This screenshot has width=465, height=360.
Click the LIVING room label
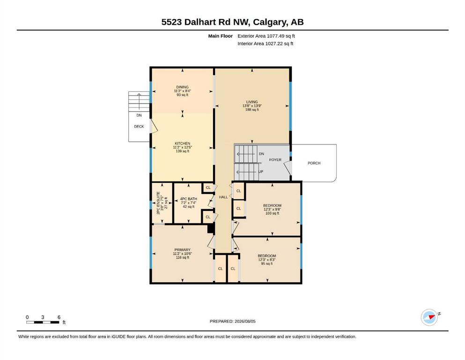click(x=252, y=102)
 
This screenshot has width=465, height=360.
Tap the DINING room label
click(x=182, y=87)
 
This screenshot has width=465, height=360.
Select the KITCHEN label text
click(x=182, y=143)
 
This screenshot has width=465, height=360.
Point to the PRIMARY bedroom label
click(x=182, y=250)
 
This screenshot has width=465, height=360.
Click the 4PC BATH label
click(x=189, y=199)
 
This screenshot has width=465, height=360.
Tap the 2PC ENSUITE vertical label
click(x=158, y=203)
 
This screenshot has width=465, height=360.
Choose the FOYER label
click(x=275, y=160)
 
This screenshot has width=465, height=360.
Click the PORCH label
click(x=314, y=163)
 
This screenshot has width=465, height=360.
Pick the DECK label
click(x=139, y=127)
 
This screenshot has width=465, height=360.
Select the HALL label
click(x=223, y=197)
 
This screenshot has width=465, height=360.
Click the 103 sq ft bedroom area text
click(x=272, y=213)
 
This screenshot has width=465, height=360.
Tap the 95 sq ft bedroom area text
click(x=267, y=263)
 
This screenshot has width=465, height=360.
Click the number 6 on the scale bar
click(x=59, y=317)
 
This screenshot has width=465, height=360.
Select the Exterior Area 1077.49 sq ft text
click(x=266, y=36)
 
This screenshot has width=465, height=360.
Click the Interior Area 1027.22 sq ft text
click(x=266, y=44)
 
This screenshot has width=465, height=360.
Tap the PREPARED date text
click(x=232, y=321)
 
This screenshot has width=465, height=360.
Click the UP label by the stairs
click(x=261, y=172)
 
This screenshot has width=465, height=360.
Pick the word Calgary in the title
click(x=270, y=22)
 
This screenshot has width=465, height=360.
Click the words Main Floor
click(x=221, y=36)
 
